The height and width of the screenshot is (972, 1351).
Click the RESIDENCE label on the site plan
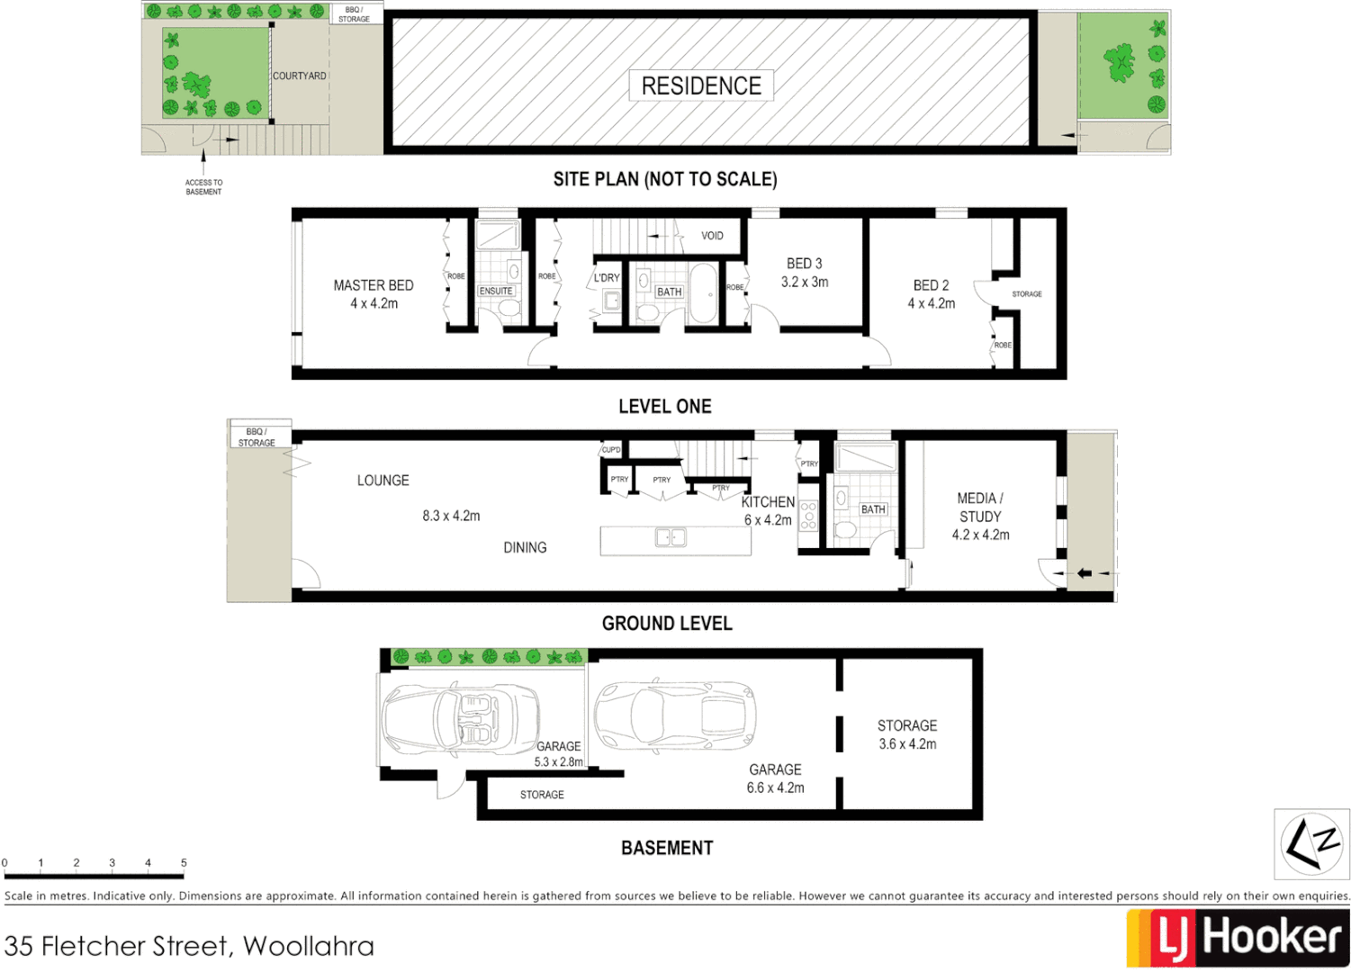click(701, 85)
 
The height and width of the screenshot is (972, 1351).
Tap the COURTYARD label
click(300, 76)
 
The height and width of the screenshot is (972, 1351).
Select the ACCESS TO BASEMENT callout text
click(203, 187)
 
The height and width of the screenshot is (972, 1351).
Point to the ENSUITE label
click(496, 292)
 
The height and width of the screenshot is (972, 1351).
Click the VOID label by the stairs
click(712, 236)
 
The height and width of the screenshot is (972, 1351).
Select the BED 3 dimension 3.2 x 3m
click(805, 283)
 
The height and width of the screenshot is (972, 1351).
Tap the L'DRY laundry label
click(607, 278)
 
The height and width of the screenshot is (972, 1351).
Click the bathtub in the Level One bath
click(703, 293)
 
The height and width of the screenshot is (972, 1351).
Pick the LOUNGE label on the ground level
click(383, 481)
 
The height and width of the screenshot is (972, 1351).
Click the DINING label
click(525, 547)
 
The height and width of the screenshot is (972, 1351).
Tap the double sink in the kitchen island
click(671, 537)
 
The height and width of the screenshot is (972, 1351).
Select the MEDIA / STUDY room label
click(980, 508)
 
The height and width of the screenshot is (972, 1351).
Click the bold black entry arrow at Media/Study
click(1085, 573)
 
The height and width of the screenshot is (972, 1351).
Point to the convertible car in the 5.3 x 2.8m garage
click(460, 717)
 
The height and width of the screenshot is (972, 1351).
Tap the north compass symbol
click(1311, 843)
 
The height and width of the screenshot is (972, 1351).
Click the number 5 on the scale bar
click(184, 862)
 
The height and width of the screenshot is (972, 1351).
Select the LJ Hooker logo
click(1238, 938)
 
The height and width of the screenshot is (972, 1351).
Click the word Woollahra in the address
click(309, 946)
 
